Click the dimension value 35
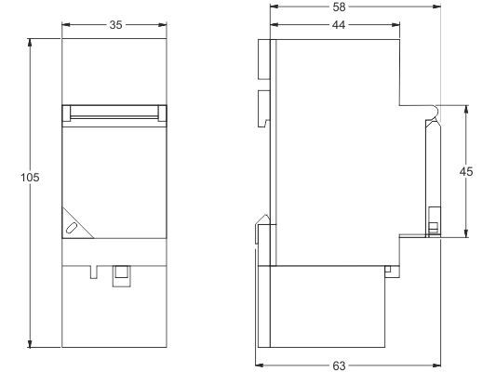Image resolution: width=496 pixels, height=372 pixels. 115,25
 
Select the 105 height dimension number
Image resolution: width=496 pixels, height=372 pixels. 30,178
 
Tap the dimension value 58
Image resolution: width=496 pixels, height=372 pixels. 339,7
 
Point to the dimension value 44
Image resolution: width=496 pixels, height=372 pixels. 339,25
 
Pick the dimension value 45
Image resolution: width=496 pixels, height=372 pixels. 466,172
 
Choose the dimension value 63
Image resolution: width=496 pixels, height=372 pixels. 339,365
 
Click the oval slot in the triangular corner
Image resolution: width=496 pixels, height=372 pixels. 73,228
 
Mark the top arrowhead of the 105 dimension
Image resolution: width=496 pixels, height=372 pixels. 30,43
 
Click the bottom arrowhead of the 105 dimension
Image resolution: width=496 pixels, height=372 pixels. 30,343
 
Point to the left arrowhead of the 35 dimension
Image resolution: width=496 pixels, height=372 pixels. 66,25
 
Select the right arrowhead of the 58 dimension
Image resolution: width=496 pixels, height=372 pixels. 436,7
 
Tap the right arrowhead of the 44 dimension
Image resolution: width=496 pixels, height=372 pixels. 395,25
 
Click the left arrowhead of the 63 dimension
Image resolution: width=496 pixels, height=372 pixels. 259,365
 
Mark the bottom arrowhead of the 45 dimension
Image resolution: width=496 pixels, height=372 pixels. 466,233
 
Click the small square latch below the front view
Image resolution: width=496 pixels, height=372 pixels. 122,276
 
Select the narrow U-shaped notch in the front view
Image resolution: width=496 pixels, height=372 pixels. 94,272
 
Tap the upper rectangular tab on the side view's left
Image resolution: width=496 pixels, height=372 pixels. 264,60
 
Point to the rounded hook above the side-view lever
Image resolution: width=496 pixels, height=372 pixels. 435,113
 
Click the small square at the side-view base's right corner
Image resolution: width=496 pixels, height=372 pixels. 388,269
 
